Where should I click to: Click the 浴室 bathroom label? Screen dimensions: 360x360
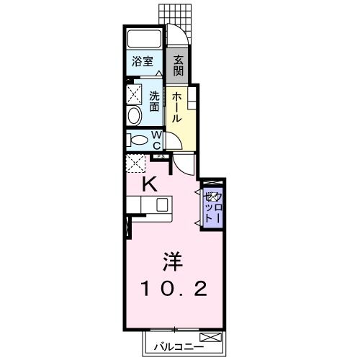coord(142,63)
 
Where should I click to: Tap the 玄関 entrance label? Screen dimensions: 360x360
coord(179,66)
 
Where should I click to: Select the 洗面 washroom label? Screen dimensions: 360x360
coord(154,101)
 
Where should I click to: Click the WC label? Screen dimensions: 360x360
coord(157,139)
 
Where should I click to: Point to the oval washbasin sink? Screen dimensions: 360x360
coord(135,117)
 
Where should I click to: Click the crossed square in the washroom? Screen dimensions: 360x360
coord(135,93)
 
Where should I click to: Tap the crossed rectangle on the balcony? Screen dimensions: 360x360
coord(210,337)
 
